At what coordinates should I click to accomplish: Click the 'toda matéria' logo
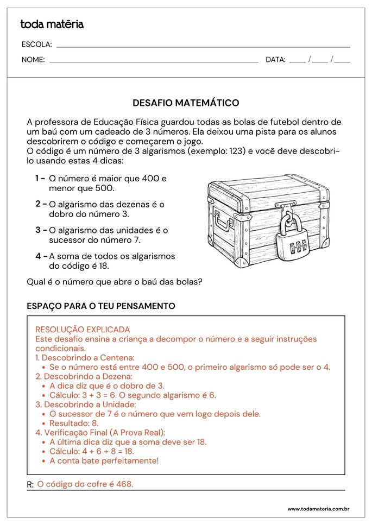(52, 24)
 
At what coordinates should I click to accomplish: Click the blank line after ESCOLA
(203, 47)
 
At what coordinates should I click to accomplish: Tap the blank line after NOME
(154, 62)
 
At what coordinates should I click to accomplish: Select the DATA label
(275, 60)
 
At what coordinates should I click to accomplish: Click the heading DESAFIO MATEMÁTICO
(186, 103)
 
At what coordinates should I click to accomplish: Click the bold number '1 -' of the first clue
(40, 178)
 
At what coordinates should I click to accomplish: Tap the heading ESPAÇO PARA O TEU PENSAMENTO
(101, 306)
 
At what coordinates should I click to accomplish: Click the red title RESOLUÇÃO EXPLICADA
(83, 330)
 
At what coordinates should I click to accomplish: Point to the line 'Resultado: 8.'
(74, 423)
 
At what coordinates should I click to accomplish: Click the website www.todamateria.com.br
(318, 509)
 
